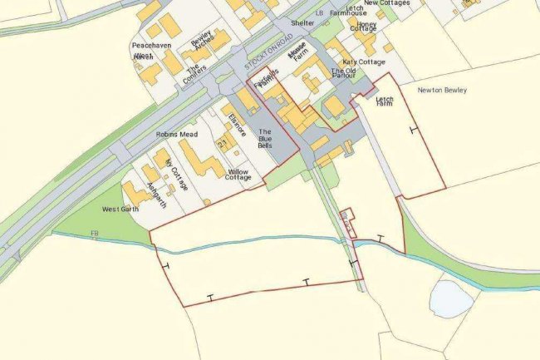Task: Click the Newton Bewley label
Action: pyautogui.click(x=442, y=90)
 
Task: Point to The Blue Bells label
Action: pyautogui.click(x=265, y=138)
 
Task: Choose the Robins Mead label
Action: pyautogui.click(x=175, y=133)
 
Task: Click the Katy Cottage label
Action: pyautogui.click(x=362, y=62)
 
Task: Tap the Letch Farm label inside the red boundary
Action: pyautogui.click(x=384, y=101)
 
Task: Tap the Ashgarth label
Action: pyautogui.click(x=155, y=193)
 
